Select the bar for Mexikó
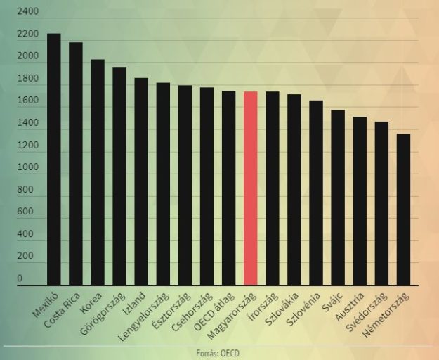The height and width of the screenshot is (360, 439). click(x=54, y=159)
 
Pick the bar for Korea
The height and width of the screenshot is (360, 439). click(x=98, y=172)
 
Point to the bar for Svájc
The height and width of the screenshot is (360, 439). click(x=338, y=197)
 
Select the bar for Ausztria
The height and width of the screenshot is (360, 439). click(x=360, y=200)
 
